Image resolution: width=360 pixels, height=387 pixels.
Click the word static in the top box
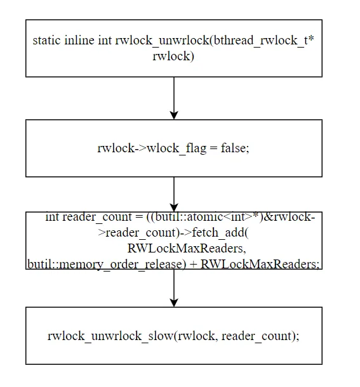point(46,40)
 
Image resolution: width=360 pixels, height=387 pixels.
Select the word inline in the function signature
point(79,40)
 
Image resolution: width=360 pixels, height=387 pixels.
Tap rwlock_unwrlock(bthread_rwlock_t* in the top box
point(215,41)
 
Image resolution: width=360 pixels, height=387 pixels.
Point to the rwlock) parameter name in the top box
point(173,56)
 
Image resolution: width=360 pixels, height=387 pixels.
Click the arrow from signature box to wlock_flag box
point(174,98)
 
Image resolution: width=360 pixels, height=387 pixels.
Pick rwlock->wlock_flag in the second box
point(152,148)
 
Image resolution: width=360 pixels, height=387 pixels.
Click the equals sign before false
point(213,148)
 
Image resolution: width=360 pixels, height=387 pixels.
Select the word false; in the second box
point(235,148)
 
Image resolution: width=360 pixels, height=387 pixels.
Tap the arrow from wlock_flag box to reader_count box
point(174,194)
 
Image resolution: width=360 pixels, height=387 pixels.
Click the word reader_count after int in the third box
point(97,217)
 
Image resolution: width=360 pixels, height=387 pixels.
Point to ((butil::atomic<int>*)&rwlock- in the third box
point(230,217)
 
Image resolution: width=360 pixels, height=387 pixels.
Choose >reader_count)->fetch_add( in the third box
point(173,233)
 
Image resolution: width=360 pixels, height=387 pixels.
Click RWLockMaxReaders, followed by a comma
point(187,248)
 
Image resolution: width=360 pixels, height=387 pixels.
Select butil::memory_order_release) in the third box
point(107,264)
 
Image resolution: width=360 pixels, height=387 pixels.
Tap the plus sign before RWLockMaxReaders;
point(194,265)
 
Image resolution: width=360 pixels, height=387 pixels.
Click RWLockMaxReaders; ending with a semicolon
point(260,264)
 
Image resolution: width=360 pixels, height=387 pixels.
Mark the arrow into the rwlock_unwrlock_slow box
point(174,288)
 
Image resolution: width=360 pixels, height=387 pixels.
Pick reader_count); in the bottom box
point(260,336)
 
